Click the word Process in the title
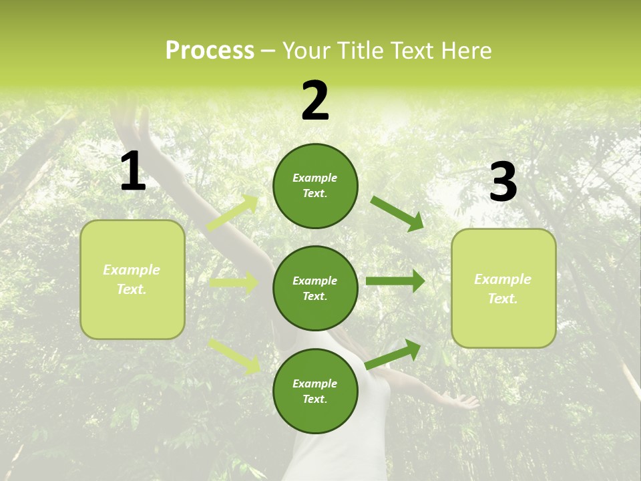[x=210, y=51]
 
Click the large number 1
[x=133, y=172]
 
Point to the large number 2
[x=315, y=102]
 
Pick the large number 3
[x=503, y=182]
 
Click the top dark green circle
[x=315, y=186]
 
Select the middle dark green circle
[x=315, y=289]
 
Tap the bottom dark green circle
[x=315, y=391]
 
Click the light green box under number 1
[x=132, y=279]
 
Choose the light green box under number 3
[x=503, y=288]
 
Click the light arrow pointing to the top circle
[x=233, y=212]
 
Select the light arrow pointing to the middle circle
[x=234, y=283]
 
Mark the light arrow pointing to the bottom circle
[x=234, y=355]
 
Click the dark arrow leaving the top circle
[x=397, y=213]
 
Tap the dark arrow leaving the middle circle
[x=395, y=281]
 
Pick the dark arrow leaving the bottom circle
[x=393, y=353]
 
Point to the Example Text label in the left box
[x=132, y=279]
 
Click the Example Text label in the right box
[x=503, y=289]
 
